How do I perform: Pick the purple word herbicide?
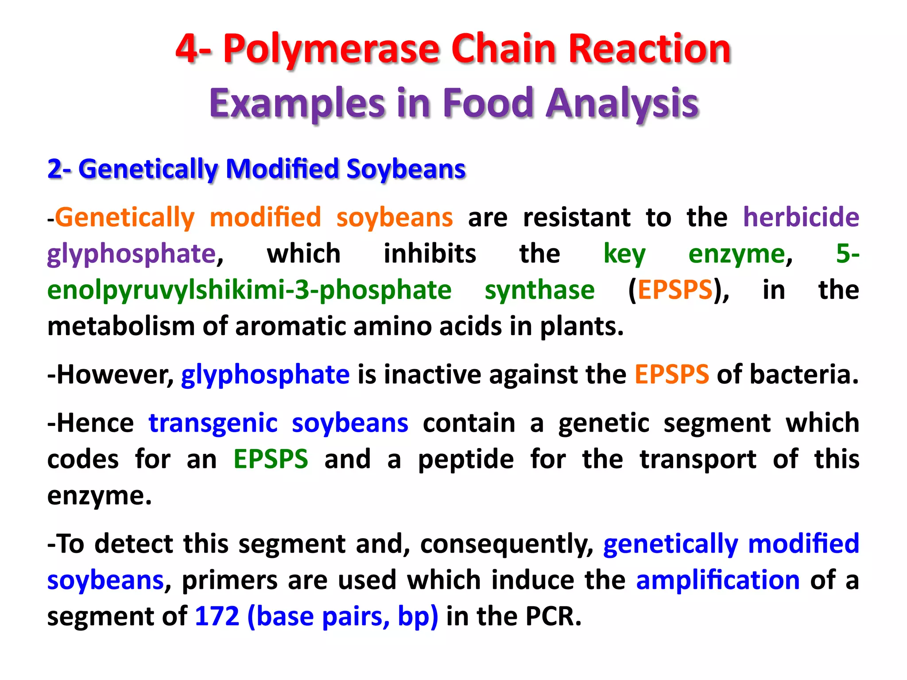point(801,217)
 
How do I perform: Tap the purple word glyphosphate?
point(131,254)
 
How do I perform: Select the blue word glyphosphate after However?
point(265,375)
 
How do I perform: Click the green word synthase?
point(539,290)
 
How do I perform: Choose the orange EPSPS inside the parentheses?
point(675,290)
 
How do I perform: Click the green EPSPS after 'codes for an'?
point(271,459)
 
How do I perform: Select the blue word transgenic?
point(213,423)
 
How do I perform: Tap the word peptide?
point(466,459)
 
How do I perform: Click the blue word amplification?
point(717,580)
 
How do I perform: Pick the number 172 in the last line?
point(217,616)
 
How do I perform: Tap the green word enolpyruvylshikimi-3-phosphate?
point(249,290)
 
